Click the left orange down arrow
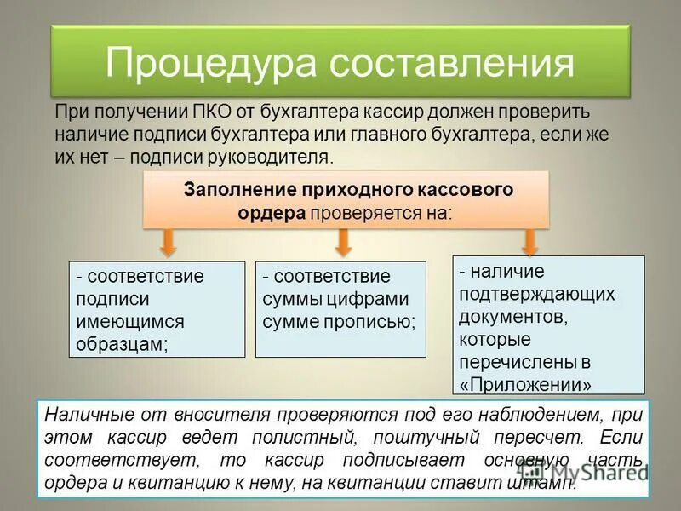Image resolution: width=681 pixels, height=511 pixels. [169, 243]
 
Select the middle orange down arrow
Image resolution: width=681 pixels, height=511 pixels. [343, 243]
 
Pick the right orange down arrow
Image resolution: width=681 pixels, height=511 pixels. [529, 243]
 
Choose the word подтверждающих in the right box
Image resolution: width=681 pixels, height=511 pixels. [536, 293]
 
